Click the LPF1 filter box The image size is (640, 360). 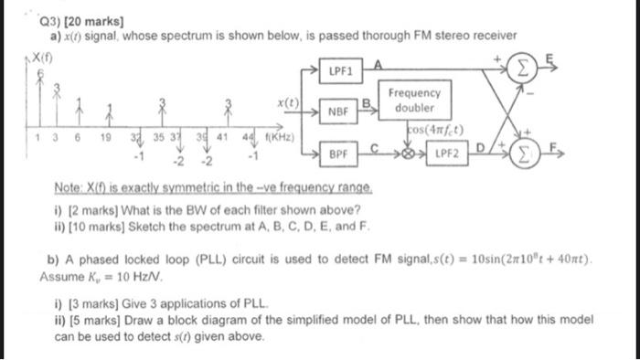click(x=341, y=69)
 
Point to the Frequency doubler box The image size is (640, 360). click(x=418, y=101)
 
